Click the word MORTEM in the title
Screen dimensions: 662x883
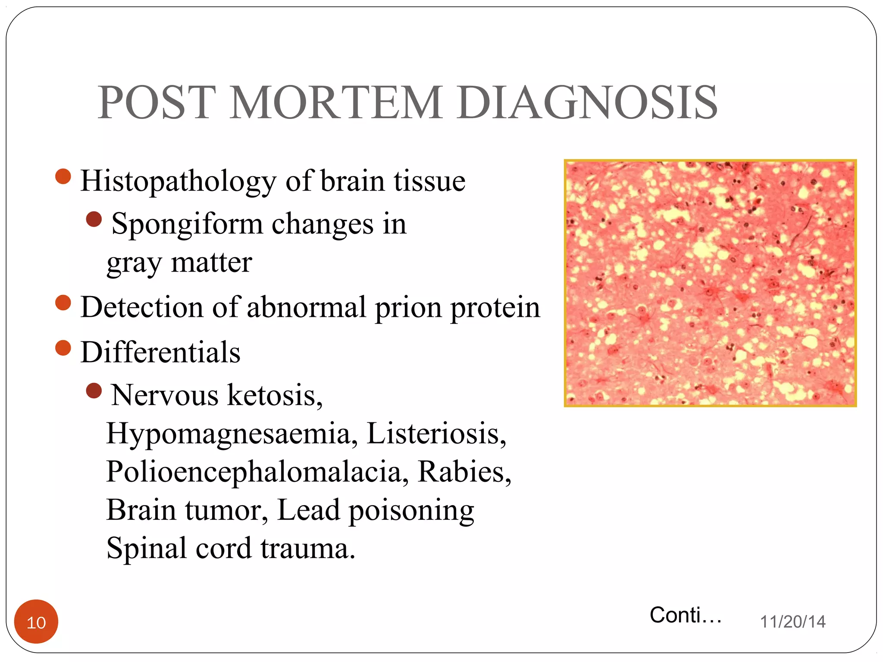(335, 103)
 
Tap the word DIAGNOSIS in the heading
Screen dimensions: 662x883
(588, 103)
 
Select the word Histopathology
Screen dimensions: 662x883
(178, 181)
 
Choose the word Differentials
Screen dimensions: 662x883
(160, 352)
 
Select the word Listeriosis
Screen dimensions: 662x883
(436, 434)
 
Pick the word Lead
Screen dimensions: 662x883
(308, 510)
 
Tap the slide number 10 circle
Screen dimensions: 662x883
(36, 622)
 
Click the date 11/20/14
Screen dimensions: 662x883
(792, 622)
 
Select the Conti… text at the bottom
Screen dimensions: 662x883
(686, 615)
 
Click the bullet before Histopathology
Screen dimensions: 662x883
(63, 176)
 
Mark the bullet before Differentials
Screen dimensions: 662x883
(63, 348)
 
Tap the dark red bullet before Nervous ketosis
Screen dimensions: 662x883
(94, 391)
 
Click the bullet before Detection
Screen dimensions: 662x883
(63, 303)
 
